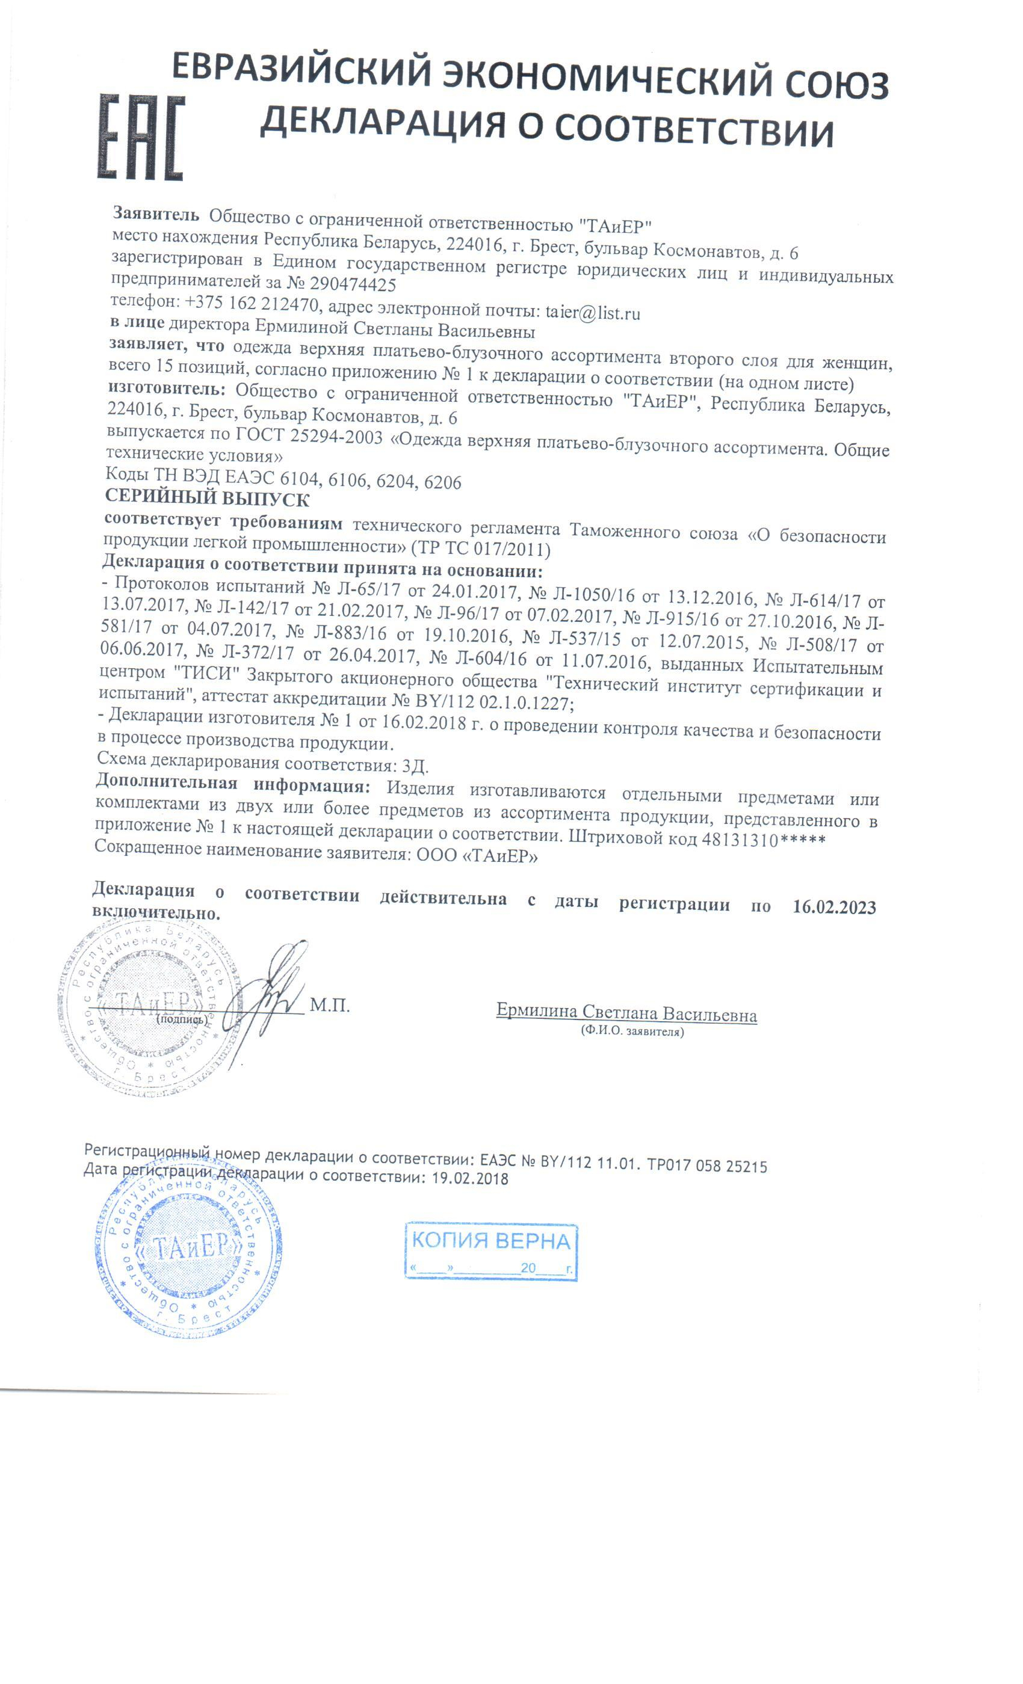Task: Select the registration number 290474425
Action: (x=353, y=284)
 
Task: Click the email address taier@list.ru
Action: (x=592, y=313)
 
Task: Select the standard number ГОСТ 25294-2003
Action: (x=308, y=435)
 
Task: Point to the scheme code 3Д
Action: (x=415, y=766)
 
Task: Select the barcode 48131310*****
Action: (x=763, y=839)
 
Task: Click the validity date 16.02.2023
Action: (x=833, y=908)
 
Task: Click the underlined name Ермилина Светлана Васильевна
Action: (x=626, y=1013)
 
